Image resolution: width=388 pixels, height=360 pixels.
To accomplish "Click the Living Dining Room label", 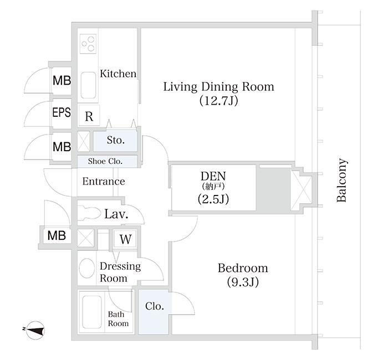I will [218, 87].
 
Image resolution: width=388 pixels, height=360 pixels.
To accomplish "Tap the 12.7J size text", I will [218, 101].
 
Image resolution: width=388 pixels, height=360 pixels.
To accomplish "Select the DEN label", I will [213, 175].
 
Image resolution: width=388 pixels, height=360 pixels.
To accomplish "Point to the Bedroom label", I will [242, 269].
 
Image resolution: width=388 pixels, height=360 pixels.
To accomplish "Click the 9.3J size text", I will [243, 282].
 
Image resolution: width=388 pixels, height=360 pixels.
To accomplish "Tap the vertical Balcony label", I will [342, 181].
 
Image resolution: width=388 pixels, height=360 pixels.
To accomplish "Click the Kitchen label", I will [118, 74].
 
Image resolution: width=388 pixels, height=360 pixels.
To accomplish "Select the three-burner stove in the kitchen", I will [88, 43].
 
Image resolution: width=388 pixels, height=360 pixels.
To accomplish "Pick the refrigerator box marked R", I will [89, 116].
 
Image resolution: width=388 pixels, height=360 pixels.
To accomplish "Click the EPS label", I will [61, 113].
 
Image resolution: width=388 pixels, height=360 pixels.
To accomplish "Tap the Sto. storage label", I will [115, 141].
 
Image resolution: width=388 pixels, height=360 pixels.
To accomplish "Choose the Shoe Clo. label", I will [105, 161].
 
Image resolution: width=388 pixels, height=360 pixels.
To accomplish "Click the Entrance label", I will [104, 182].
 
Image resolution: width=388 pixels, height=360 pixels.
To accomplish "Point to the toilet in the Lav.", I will [89, 213].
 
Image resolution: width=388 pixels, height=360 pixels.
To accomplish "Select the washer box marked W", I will [126, 240].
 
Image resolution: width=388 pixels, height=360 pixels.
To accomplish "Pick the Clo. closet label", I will [155, 306].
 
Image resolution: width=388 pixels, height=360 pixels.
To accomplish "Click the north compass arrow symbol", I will [35, 331].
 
